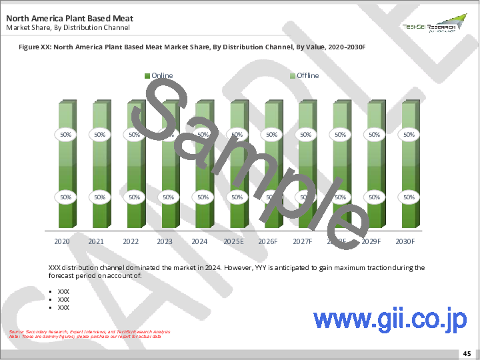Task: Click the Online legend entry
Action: point(159,75)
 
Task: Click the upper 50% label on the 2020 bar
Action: point(65,134)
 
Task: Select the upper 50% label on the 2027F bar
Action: point(305,134)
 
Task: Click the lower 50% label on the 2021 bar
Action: point(99,197)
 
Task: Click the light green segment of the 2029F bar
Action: point(374,113)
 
